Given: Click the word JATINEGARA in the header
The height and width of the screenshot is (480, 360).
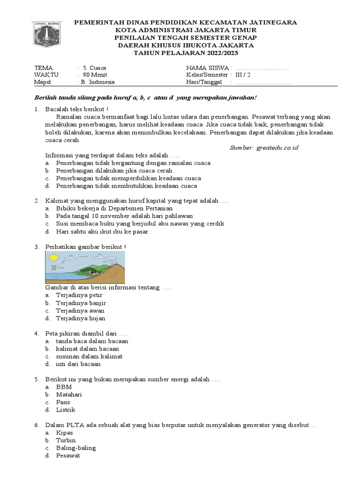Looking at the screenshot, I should [271, 22].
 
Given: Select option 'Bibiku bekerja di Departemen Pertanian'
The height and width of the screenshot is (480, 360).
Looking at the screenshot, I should [114, 208].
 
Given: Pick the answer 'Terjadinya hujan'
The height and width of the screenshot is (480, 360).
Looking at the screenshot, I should [80, 318].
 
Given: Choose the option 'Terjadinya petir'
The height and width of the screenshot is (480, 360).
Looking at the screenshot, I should [79, 295].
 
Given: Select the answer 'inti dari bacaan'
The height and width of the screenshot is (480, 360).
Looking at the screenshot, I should [78, 364].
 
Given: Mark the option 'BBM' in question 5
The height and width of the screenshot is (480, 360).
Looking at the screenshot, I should [64, 387].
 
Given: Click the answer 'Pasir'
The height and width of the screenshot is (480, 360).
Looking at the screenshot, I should [63, 402].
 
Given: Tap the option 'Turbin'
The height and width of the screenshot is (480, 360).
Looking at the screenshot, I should [66, 440].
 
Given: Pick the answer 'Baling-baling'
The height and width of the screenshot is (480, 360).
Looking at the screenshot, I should [75, 448].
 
